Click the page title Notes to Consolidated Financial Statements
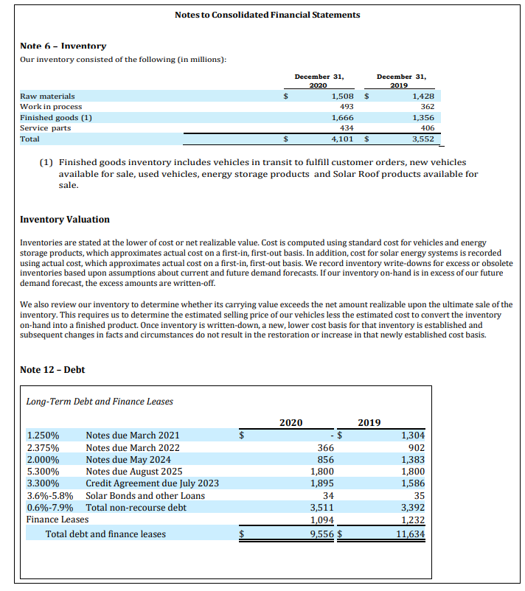point(268,15)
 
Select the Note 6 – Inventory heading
point(63,46)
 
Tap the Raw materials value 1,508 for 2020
point(342,96)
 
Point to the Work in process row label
point(51,107)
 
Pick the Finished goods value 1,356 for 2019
point(423,117)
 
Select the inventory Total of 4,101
point(342,139)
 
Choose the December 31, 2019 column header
point(401,80)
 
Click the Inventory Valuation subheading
point(65,220)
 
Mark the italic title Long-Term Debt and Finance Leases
point(100,402)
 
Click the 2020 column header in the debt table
point(291,422)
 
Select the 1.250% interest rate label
point(43,436)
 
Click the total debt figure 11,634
point(409,534)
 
